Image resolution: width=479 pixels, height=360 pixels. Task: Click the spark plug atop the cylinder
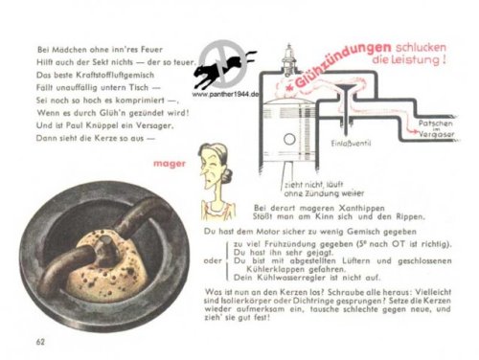tap(287, 50)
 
